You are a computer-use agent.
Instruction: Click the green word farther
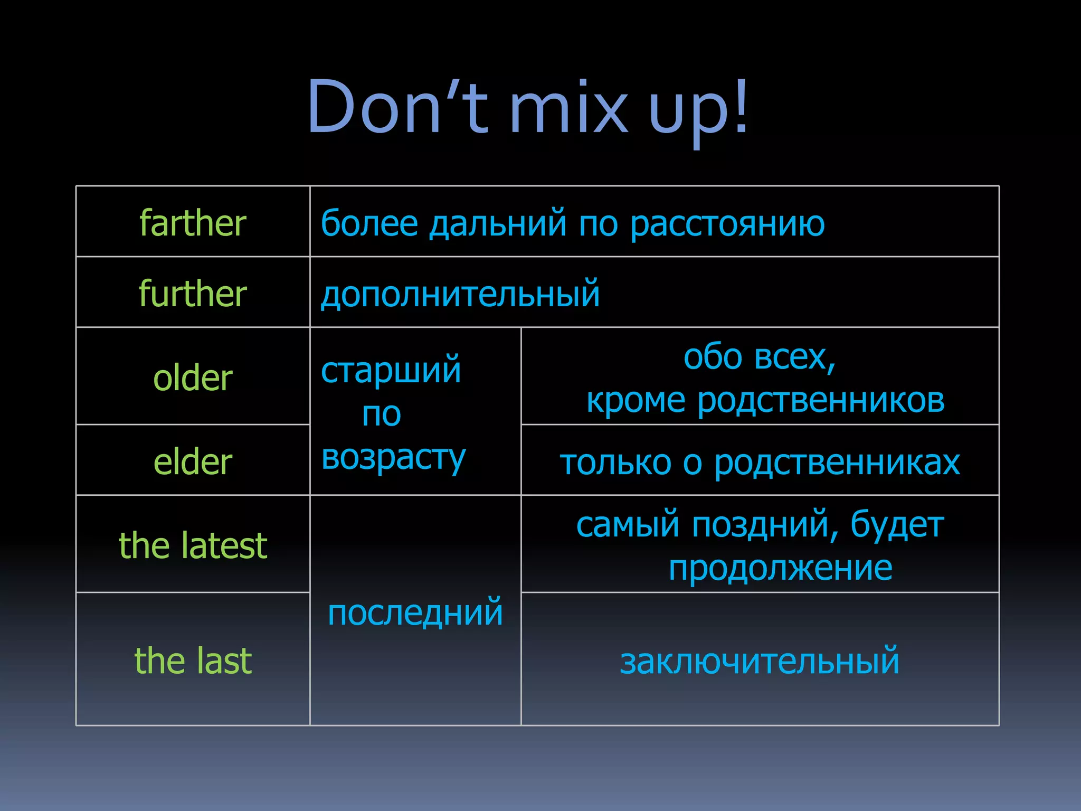193,223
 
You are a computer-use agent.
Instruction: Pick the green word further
193,294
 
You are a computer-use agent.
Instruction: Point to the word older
193,378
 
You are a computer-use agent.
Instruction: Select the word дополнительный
460,295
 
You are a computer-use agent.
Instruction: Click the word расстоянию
727,224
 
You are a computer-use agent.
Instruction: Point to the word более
369,223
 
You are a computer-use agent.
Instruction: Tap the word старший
391,370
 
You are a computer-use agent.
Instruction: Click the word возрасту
393,457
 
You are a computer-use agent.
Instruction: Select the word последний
415,612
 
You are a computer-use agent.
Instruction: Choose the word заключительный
759,661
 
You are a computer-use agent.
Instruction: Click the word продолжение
780,568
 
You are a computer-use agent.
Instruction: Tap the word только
615,463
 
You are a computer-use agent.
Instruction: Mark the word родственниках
837,463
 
